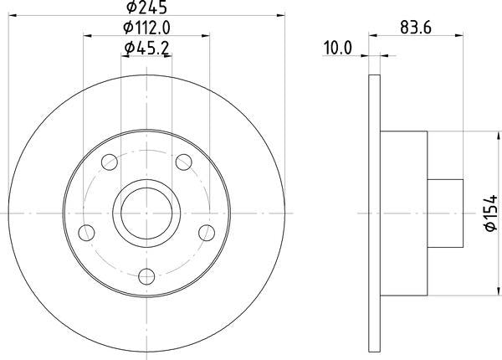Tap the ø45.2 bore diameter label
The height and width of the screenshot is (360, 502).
[x=147, y=49]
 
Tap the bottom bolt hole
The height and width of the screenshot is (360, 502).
[x=147, y=275]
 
